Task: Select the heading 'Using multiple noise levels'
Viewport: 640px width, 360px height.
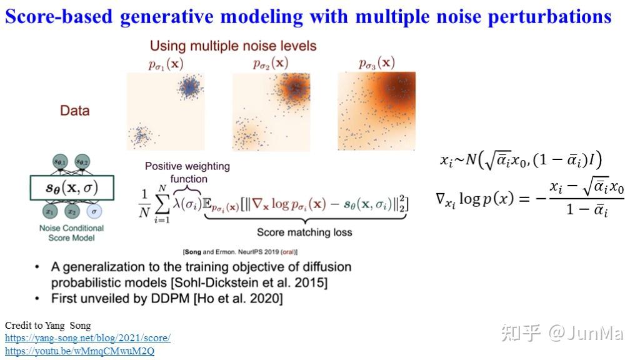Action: pos(233,46)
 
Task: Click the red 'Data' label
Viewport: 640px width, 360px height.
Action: pos(74,111)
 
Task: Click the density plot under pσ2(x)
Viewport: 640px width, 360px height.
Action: pos(271,111)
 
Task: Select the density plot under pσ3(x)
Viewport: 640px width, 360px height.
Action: pos(376,111)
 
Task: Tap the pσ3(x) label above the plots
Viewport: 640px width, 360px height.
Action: pos(377,63)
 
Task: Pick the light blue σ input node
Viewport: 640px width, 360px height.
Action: pos(93,212)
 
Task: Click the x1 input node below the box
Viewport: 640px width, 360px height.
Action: pos(48,212)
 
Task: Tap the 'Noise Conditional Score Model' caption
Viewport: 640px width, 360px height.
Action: pos(71,233)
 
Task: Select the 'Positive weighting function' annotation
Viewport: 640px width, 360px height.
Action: pos(187,172)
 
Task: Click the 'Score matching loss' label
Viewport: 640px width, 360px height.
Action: pos(304,232)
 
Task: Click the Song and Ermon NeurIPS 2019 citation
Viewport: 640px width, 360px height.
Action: pos(241,252)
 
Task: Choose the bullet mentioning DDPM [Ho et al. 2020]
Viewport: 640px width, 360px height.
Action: pos(166,299)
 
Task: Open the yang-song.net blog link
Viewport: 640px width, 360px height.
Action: pos(87,338)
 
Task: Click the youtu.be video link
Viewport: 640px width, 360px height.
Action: pos(79,351)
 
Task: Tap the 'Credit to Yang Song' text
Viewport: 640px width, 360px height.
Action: pos(47,326)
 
